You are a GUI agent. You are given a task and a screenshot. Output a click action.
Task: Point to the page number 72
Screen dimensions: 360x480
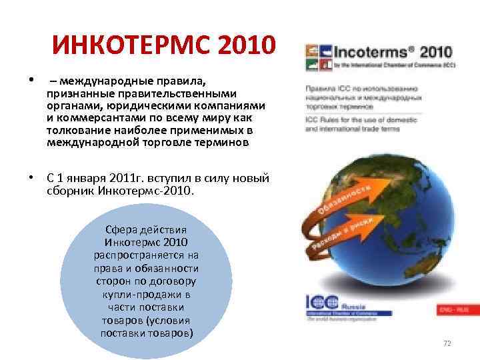(x=447, y=343)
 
